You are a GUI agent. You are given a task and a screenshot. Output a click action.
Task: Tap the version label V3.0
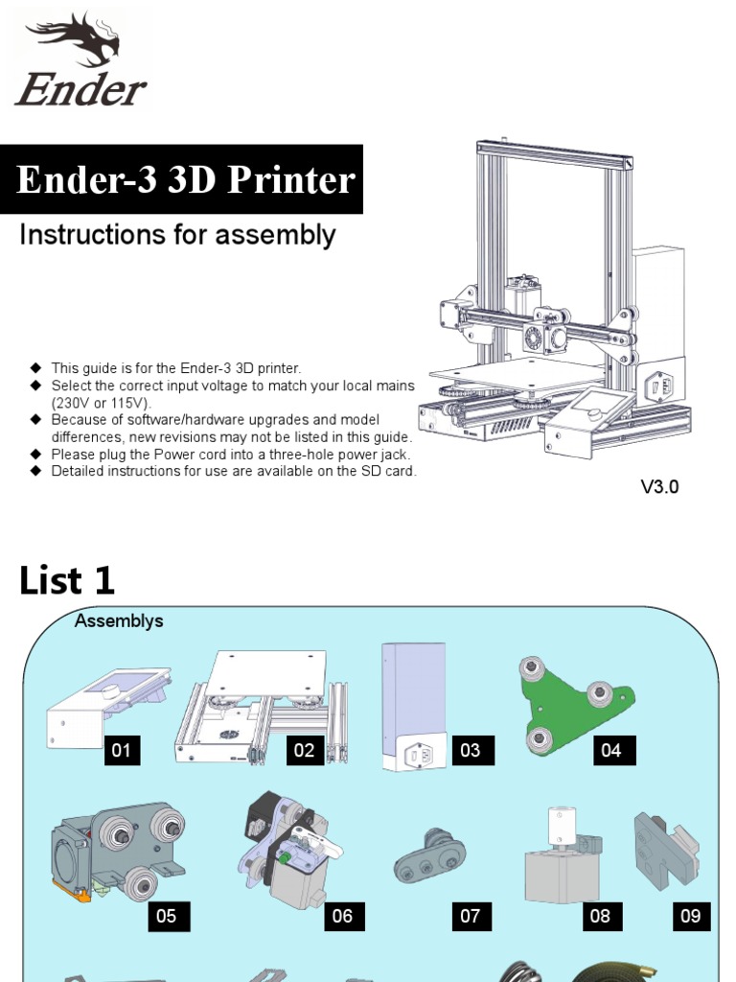(659, 486)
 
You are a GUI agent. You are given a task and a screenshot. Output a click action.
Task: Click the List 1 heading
(67, 580)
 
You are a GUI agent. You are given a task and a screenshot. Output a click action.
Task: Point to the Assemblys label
(119, 620)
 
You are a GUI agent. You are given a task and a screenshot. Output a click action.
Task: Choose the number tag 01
(121, 750)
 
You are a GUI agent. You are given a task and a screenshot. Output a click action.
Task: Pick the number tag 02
(304, 750)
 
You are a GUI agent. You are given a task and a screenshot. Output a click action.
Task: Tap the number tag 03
(470, 750)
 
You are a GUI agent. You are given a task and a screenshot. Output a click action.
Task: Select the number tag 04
(611, 750)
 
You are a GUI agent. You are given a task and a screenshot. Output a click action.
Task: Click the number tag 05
(166, 916)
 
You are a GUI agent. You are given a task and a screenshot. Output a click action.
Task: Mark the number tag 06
(342, 916)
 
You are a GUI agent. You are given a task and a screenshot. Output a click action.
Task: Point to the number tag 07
(470, 916)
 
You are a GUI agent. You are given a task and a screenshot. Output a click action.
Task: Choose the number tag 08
(600, 916)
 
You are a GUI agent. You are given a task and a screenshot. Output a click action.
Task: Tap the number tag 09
(690, 916)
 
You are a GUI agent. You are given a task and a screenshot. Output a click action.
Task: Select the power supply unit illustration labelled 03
(413, 705)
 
